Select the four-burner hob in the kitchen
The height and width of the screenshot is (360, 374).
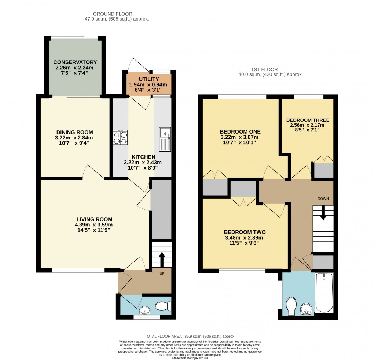click(x=120, y=137)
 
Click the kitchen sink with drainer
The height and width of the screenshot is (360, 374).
click(x=165, y=139)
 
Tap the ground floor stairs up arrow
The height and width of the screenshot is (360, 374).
click(x=162, y=258)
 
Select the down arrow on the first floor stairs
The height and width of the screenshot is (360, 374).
click(x=323, y=213)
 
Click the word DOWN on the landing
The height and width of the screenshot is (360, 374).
click(x=323, y=199)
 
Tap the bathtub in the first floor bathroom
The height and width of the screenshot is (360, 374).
click(x=324, y=292)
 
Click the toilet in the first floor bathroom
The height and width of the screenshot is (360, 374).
click(x=291, y=306)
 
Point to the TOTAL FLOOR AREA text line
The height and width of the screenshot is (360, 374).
click(x=190, y=336)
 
